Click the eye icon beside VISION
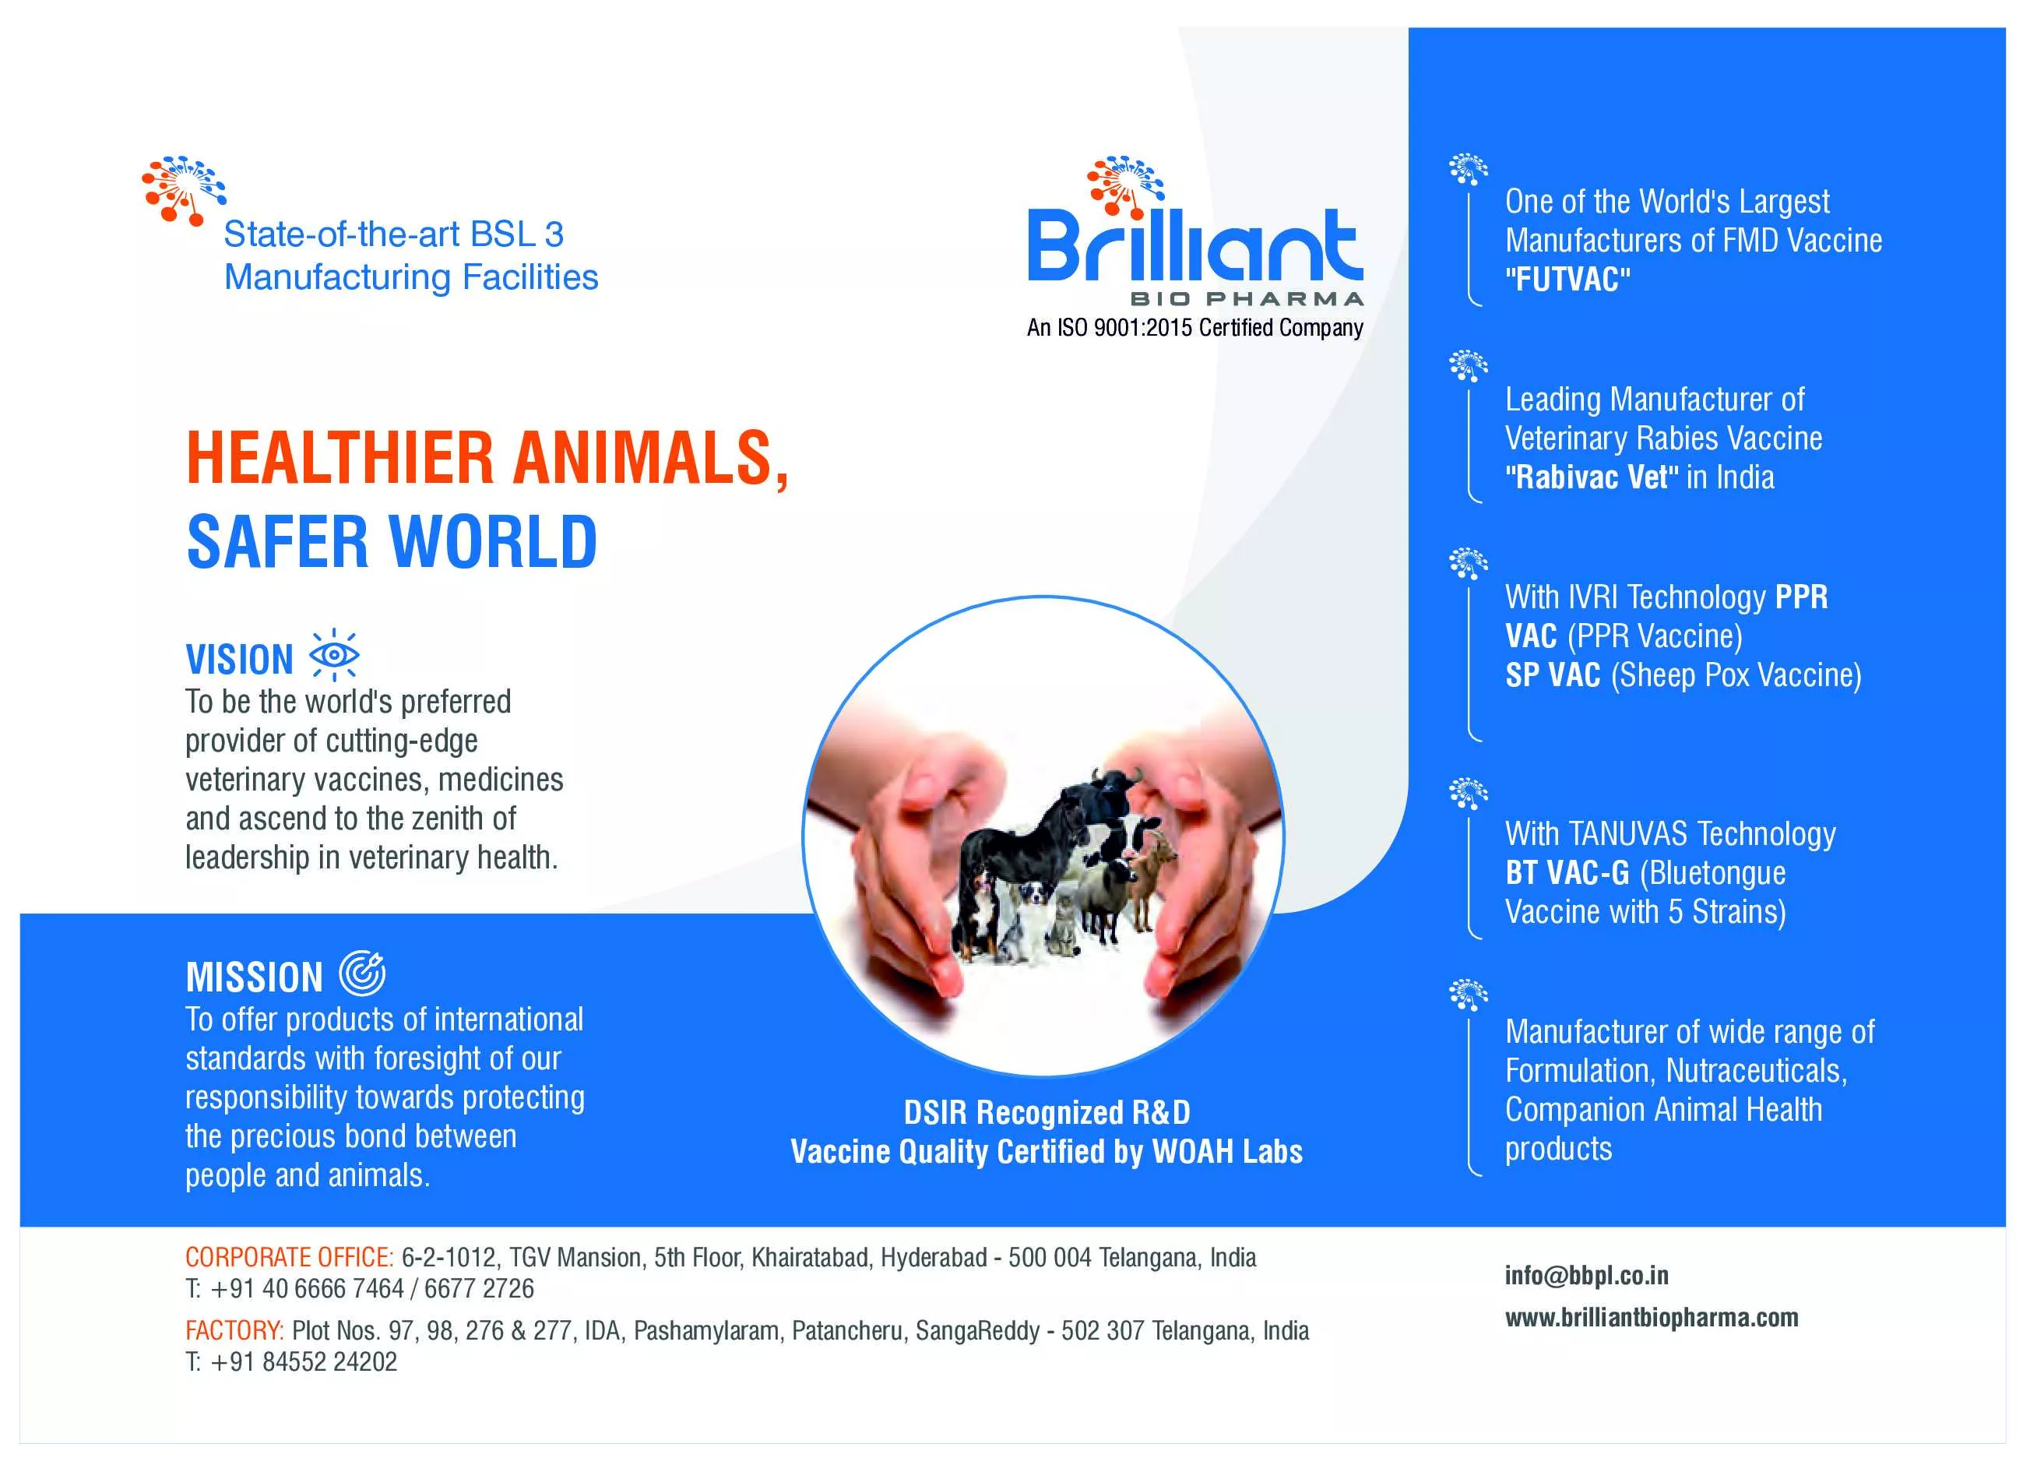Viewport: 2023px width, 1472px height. pos(333,655)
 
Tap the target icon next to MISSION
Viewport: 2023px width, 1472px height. pos(362,974)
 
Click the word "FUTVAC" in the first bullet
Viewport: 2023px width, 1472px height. pos(1567,280)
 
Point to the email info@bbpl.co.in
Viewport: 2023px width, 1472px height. pos(1586,1276)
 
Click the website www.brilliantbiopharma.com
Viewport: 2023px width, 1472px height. pos(1651,1318)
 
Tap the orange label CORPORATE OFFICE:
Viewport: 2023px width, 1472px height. pos(289,1258)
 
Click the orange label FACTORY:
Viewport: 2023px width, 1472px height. pos(234,1331)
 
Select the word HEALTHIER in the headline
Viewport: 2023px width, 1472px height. pos(340,458)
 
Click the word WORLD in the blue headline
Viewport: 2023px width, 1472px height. pos(493,541)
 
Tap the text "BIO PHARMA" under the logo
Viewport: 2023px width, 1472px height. pos(1247,299)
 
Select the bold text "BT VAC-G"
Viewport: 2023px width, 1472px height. pos(1567,872)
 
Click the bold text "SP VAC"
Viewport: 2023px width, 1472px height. pos(1553,675)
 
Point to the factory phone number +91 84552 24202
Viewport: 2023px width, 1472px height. pos(303,1362)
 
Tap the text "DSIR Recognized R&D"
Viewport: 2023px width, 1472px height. pos(1047,1112)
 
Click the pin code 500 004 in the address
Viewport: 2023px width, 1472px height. pos(1050,1258)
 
